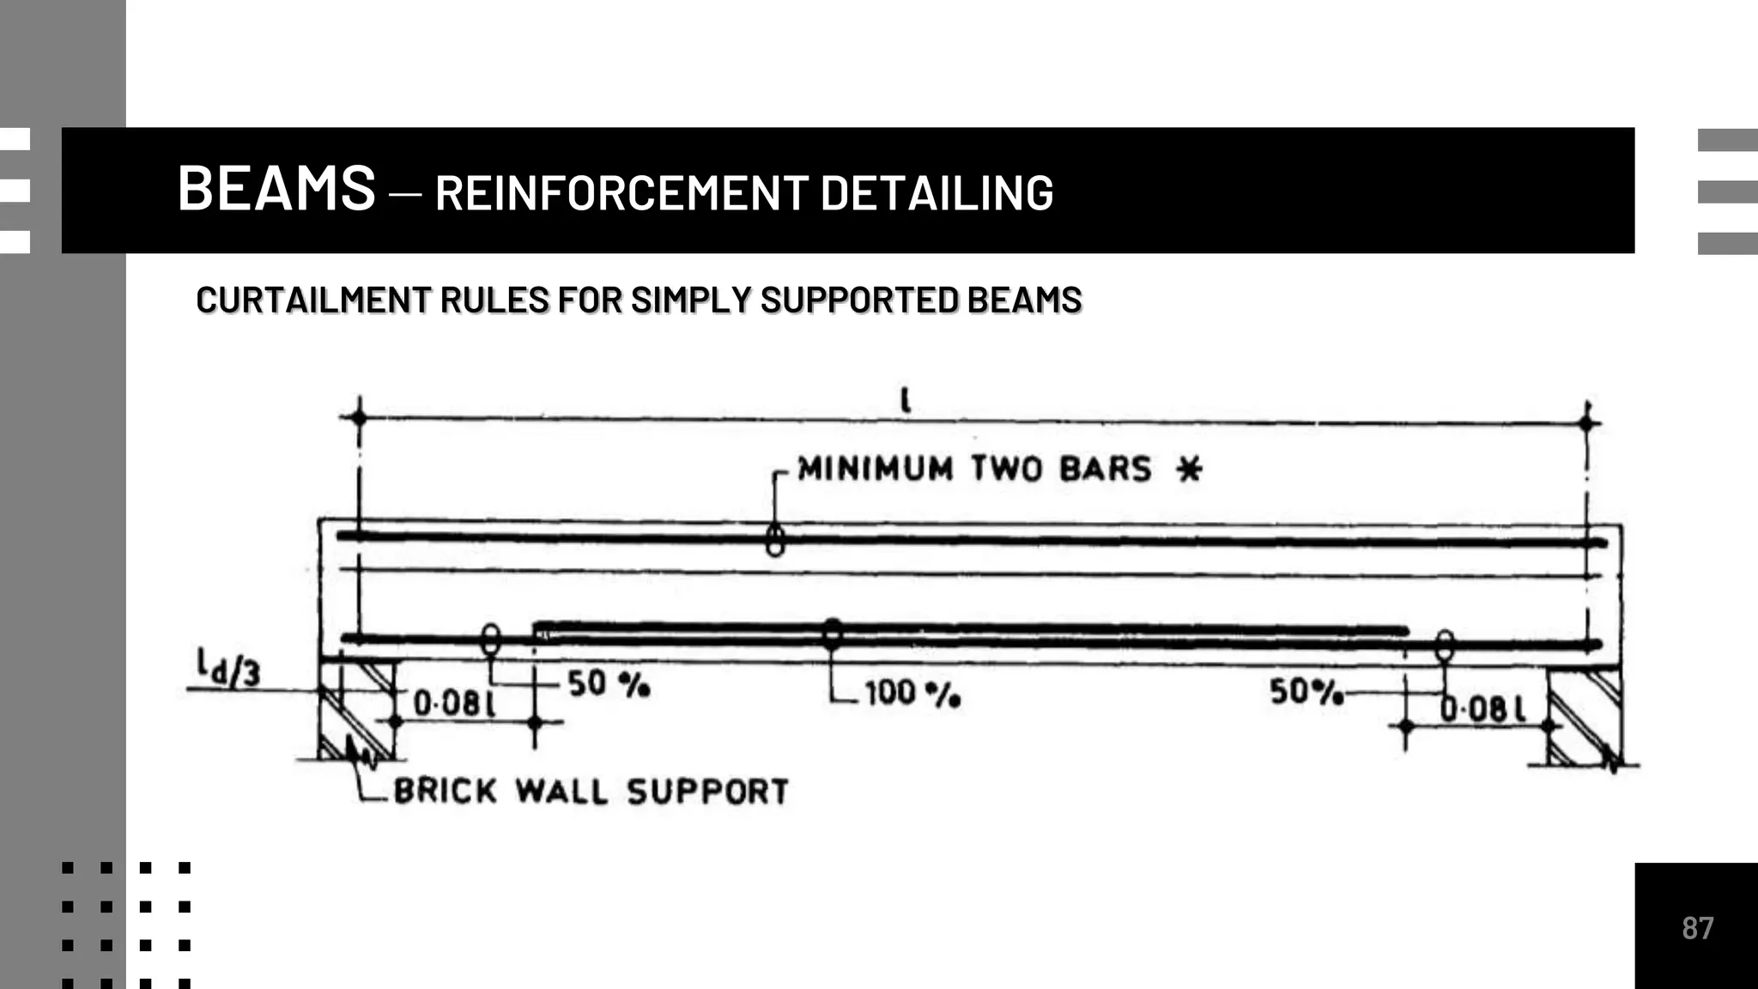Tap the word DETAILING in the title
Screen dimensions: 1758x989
coord(937,192)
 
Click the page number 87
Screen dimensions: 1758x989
coord(1697,928)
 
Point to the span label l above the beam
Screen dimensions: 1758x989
coord(905,400)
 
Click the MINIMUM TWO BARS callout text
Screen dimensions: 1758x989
coord(973,469)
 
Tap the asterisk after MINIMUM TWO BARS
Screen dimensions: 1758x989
coord(1189,470)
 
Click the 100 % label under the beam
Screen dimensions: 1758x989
coord(911,694)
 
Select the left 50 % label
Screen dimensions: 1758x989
coord(608,684)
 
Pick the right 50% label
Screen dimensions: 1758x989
coord(1305,691)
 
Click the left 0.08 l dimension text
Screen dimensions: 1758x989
coord(454,704)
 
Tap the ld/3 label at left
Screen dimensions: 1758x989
coord(228,668)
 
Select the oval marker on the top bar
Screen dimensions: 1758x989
coord(775,541)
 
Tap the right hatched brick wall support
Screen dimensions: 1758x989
coord(1585,718)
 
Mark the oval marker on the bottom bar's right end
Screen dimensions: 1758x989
coord(1445,646)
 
